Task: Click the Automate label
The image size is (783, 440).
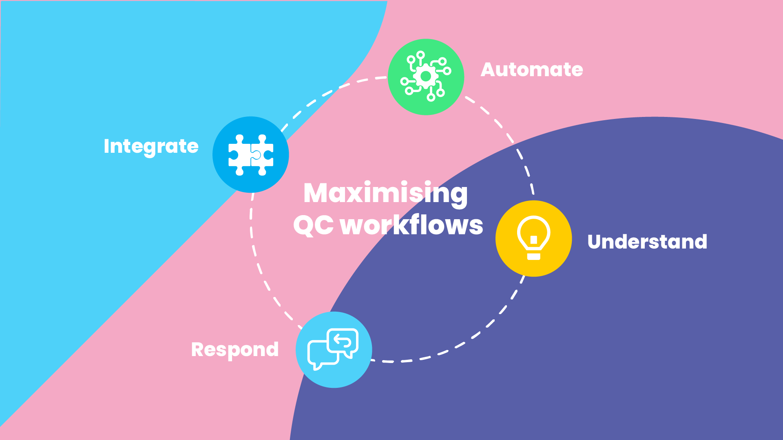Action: [532, 70]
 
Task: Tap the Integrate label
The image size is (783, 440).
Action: [151, 146]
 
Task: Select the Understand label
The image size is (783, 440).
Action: [647, 242]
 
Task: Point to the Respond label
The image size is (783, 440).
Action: [235, 350]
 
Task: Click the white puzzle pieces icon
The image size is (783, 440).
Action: [251, 155]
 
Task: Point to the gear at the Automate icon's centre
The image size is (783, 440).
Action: [426, 76]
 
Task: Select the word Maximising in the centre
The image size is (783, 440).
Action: [385, 193]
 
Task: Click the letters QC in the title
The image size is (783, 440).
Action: [313, 225]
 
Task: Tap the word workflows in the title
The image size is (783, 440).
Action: [411, 225]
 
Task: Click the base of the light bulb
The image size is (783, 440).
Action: [533, 256]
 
